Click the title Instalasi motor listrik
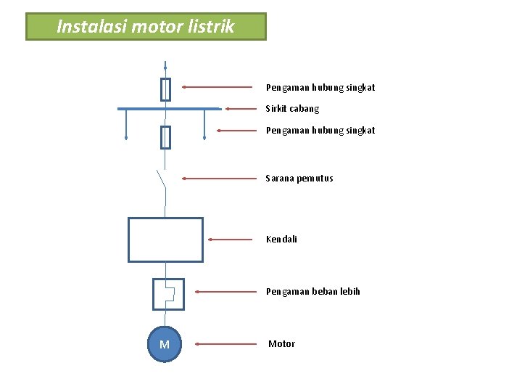(146, 27)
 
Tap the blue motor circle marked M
(165, 344)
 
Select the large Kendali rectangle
(165, 240)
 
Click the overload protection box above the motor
(168, 294)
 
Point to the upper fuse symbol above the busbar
(165, 89)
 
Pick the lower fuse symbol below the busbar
(165, 136)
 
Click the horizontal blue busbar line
(168, 109)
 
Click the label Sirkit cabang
(292, 109)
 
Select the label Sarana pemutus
(299, 178)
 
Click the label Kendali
(281, 239)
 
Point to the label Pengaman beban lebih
(312, 292)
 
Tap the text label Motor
(281, 344)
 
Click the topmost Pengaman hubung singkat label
(320, 88)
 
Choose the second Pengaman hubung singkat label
(320, 131)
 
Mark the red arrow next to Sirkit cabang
(244, 109)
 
